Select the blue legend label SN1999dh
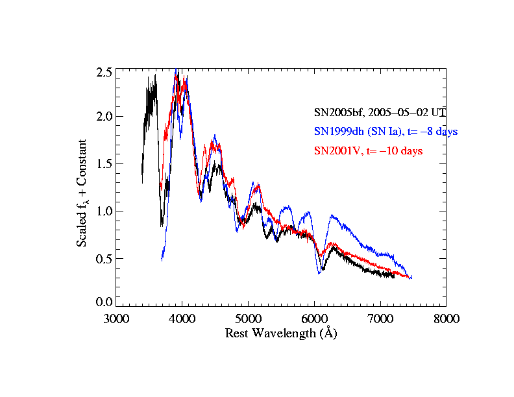pos(386,131)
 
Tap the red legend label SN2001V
pos(368,151)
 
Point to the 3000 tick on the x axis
pos(116,319)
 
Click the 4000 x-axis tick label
pos(182,319)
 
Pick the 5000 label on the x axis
pos(249,319)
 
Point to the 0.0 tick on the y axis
pos(104,302)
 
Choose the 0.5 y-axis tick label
pos(104,258)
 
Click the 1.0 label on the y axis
pos(104,211)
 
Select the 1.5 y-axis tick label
pos(104,163)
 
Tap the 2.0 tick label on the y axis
pos(104,117)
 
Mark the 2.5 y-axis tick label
pos(104,71)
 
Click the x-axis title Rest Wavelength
pos(281,333)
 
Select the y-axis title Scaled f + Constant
pos(82,193)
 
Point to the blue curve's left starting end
pos(162,259)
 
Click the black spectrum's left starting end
pos(142,182)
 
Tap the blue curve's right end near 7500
pos(411,278)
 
